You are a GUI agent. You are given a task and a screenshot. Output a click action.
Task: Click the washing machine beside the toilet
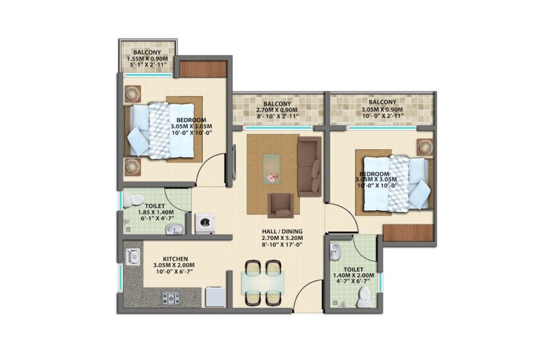(203, 223)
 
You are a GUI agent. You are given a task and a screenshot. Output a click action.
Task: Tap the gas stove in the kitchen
(171, 298)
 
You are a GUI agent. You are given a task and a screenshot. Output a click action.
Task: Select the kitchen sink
(132, 257)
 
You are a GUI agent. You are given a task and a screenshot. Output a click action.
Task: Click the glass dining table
(263, 282)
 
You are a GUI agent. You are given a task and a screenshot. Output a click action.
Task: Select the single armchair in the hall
(281, 205)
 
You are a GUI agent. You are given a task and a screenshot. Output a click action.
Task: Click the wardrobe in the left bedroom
(203, 69)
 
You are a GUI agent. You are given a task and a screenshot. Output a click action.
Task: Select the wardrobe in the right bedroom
(408, 233)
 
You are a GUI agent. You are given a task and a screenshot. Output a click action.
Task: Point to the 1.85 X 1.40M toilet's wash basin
(173, 229)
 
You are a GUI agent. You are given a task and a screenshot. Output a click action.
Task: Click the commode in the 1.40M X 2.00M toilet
(364, 299)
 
